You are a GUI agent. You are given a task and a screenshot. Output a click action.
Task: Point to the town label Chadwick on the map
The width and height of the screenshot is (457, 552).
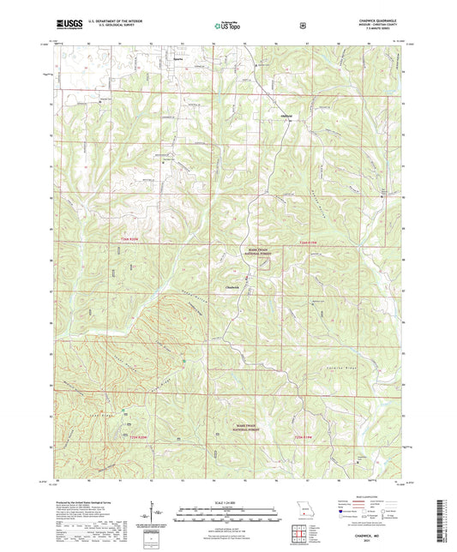tap(232, 285)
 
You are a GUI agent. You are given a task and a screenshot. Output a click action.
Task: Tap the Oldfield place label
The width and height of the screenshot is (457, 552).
tap(287, 115)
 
